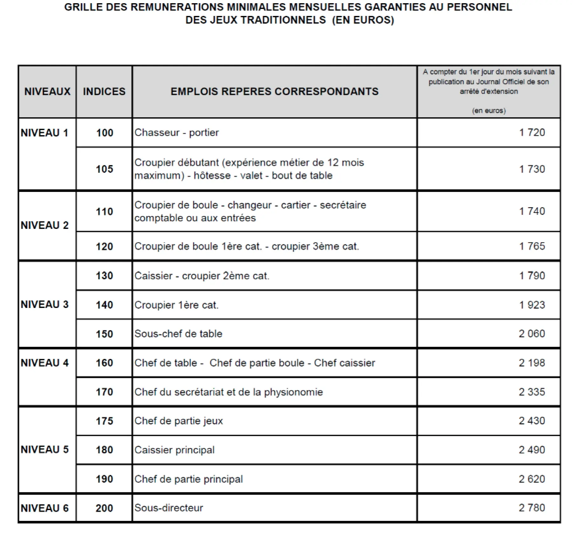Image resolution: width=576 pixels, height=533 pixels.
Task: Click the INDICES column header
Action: coord(104,92)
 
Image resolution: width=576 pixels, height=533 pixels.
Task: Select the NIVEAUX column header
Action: coord(47,92)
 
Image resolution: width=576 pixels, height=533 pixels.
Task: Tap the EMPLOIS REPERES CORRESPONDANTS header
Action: coord(274,92)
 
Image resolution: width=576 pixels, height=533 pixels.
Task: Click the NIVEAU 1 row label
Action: coord(45,133)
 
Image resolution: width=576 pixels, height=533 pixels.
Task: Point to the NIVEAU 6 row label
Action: coord(45,508)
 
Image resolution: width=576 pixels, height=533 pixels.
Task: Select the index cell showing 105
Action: coord(104,169)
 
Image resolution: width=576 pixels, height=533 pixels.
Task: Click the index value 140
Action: coord(104,305)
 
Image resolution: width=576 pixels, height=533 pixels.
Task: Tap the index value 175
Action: coord(104,421)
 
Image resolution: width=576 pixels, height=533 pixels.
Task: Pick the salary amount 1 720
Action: coord(532,133)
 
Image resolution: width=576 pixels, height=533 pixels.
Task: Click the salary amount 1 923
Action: coord(532,305)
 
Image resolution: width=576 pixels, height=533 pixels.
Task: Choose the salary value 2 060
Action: coord(532,334)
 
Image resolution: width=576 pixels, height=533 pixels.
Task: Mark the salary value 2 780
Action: coord(532,508)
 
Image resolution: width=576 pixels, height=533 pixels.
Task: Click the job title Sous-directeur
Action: coord(169,508)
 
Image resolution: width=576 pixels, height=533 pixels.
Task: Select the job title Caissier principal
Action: coord(175,450)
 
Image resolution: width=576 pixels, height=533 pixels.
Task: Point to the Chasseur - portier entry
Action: coord(177,133)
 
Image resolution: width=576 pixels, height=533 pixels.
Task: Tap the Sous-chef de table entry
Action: coord(178,334)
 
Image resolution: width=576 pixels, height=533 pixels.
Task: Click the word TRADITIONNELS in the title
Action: coord(283,20)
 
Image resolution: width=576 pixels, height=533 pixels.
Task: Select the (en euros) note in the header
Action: coord(489,111)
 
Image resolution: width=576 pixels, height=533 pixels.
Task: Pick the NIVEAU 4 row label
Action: coord(45,363)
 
